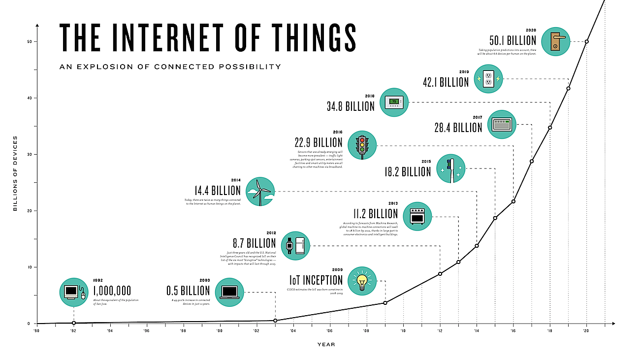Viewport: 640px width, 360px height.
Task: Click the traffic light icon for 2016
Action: (x=362, y=145)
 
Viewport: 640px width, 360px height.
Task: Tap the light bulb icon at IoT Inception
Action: (x=362, y=281)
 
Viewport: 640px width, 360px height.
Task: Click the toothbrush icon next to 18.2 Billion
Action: (x=450, y=169)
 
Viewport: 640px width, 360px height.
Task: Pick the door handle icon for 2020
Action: (x=555, y=41)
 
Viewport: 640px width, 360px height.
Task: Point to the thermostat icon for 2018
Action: (x=394, y=102)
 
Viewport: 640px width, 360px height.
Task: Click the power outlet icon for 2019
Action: (x=489, y=79)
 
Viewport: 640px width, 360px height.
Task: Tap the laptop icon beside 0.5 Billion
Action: (x=229, y=292)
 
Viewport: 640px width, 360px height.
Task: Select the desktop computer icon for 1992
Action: (x=73, y=292)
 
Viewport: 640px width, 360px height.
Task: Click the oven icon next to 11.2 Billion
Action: (x=417, y=216)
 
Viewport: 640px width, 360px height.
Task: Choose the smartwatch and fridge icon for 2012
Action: (x=296, y=245)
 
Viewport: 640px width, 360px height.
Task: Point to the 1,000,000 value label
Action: (x=112, y=291)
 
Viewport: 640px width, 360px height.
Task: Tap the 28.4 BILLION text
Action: (x=458, y=128)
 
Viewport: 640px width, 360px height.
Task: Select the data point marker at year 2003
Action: (x=275, y=321)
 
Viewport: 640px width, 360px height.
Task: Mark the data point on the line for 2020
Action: (x=586, y=41)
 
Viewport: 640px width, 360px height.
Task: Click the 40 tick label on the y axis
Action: (x=29, y=98)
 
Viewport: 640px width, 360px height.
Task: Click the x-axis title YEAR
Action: (x=326, y=345)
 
